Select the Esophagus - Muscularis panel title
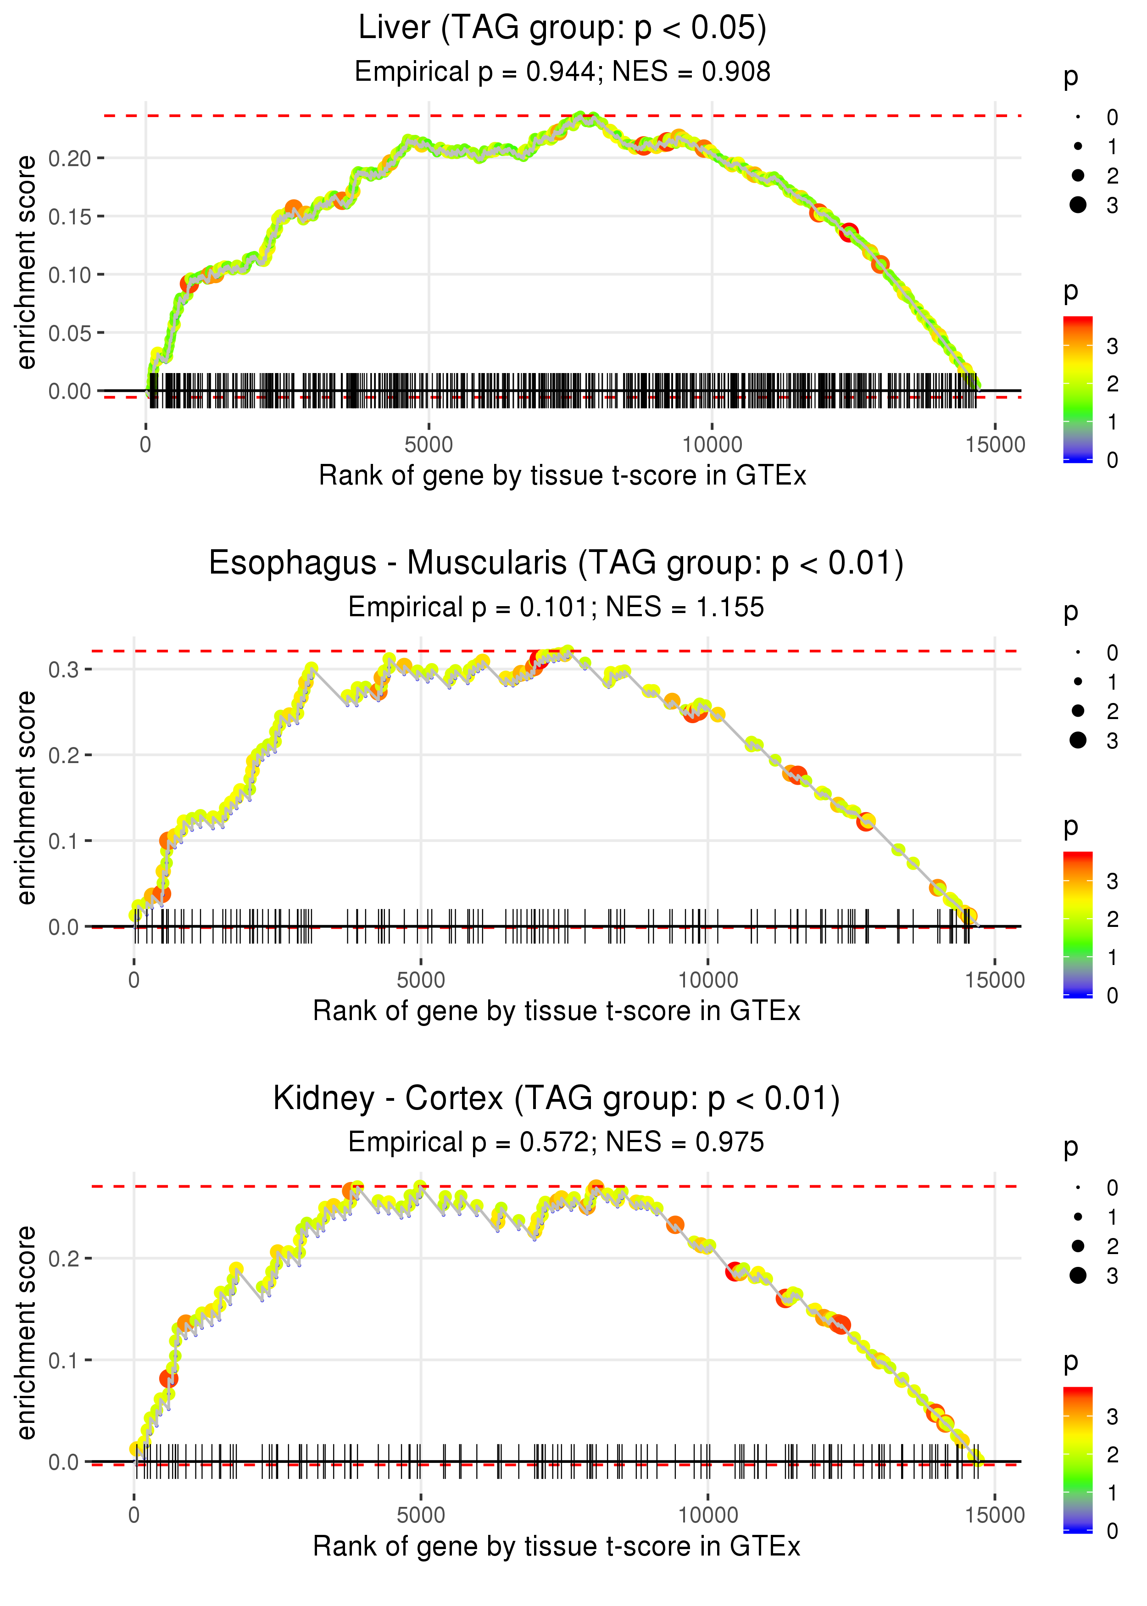point(556,563)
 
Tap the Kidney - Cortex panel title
point(556,1098)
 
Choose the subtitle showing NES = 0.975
point(556,1142)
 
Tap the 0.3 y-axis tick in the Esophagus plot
point(64,669)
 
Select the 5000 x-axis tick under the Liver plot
point(428,445)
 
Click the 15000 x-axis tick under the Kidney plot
point(994,1515)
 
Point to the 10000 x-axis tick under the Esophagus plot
point(707,980)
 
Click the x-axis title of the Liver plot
point(562,476)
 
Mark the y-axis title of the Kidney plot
point(26,1333)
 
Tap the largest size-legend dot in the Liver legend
point(1078,205)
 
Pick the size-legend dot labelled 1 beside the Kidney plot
point(1078,1217)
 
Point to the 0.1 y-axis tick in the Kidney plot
point(64,1360)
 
